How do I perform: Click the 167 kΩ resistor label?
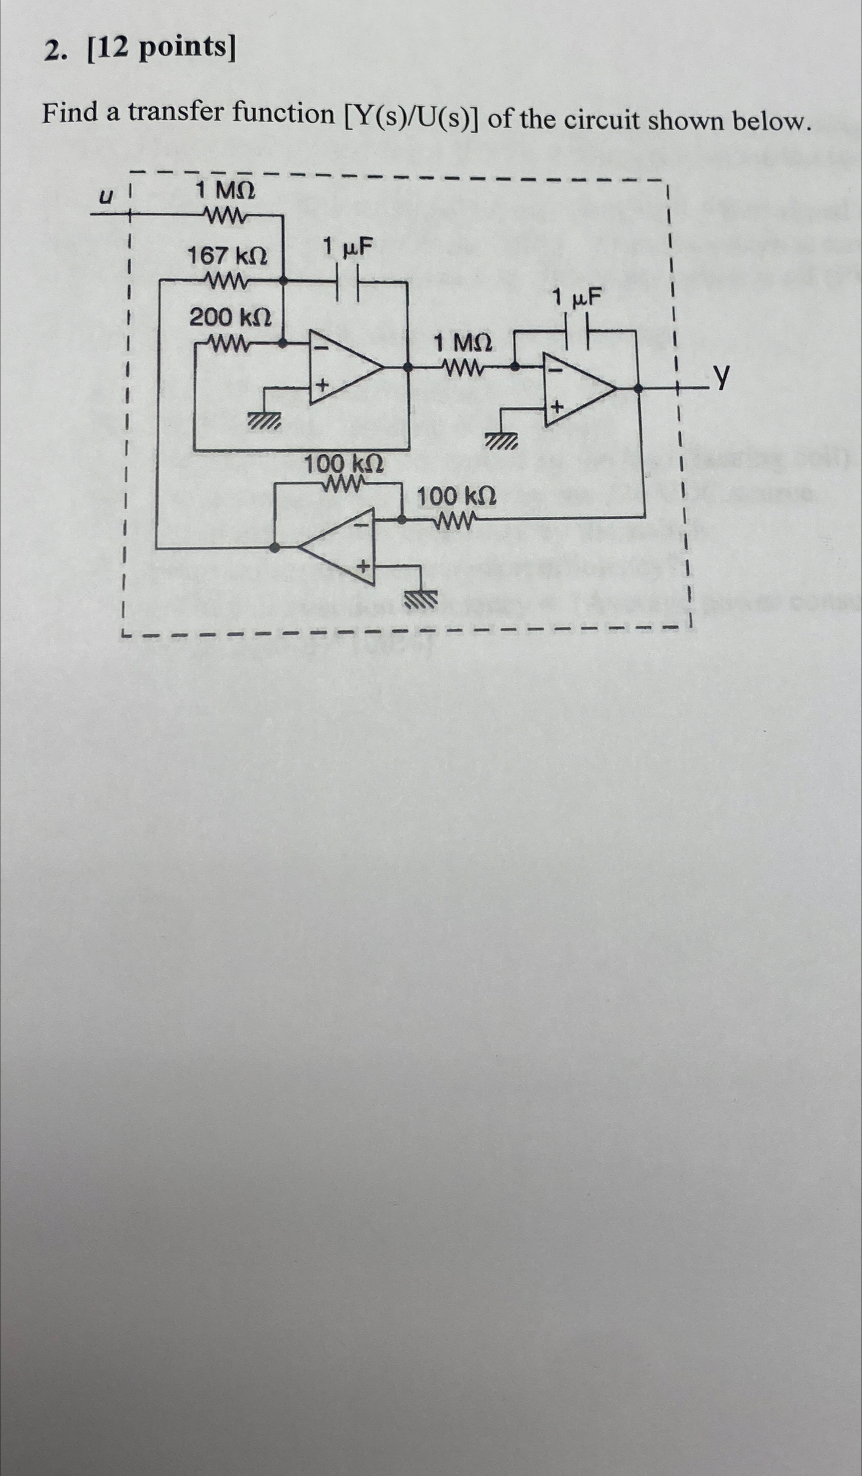coord(227,256)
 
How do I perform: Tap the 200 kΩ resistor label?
coord(230,318)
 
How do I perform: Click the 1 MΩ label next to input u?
coord(225,190)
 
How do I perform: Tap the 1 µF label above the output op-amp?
coord(577,298)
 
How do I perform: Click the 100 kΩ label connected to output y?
coord(456,497)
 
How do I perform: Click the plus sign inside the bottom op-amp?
coord(364,567)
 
